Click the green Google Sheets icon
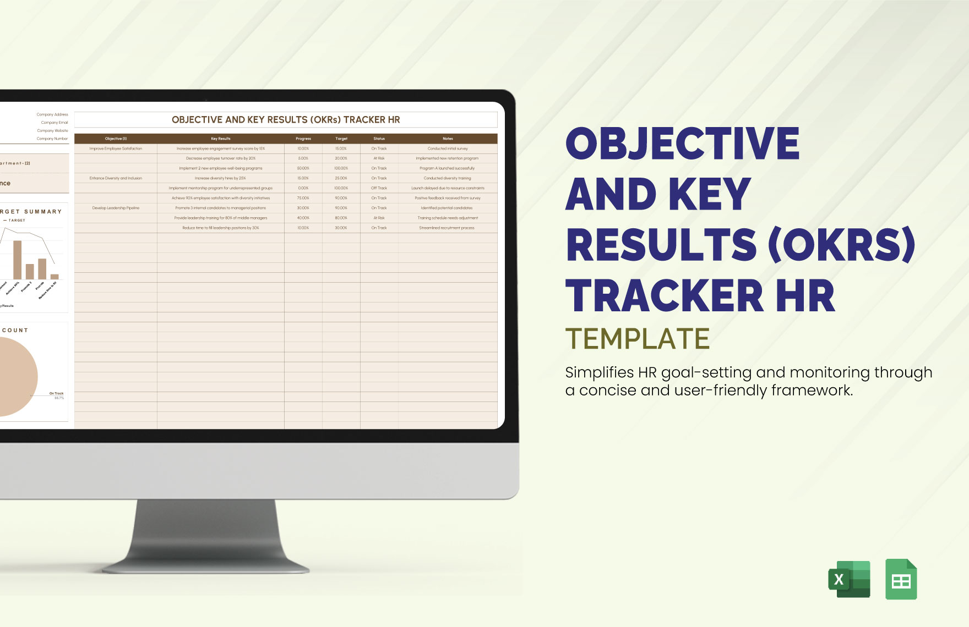click(901, 579)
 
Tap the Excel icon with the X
click(849, 579)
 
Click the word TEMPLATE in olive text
click(637, 339)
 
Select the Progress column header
click(303, 139)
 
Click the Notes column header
click(448, 139)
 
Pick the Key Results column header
click(221, 139)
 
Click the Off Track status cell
click(379, 188)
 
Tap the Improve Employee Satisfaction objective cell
click(116, 148)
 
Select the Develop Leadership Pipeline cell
click(116, 208)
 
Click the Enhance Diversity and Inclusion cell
click(116, 178)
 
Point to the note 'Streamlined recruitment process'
click(447, 228)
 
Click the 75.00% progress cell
click(303, 198)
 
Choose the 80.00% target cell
click(341, 218)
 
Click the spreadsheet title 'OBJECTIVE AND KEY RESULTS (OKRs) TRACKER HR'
click(286, 120)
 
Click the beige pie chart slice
click(17, 377)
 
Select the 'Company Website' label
click(53, 131)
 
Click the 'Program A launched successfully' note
click(447, 168)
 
